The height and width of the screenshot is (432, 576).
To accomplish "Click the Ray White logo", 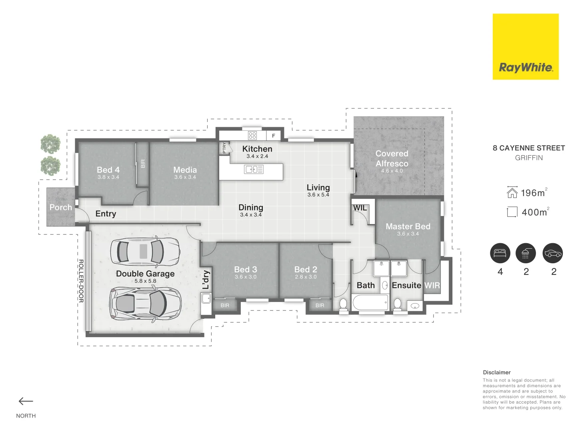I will pos(525,47).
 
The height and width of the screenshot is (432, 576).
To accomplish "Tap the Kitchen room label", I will pos(257,149).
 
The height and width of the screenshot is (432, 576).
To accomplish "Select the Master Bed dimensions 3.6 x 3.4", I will pos(408,234).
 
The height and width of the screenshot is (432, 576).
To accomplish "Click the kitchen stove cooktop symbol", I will pos(252,135).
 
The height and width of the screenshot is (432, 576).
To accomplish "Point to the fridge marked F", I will pos(274,136).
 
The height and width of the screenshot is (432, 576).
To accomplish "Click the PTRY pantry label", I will pos(224,148).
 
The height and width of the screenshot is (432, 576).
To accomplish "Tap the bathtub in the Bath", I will pos(370,303).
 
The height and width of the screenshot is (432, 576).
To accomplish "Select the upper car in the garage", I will pos(145,252).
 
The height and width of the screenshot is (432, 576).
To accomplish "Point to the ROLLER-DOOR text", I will pos(81,281).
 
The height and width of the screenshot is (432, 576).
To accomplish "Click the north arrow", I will pos(26,401).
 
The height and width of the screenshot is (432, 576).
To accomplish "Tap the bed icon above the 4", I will pos(500,253).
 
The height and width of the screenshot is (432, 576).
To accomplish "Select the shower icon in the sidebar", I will pos(526,253).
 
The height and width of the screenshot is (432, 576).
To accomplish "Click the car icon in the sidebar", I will pos(553,253).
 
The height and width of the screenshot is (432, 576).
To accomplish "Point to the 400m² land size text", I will pos(535,212).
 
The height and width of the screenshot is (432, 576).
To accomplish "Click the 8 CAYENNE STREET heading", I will pos(528,148).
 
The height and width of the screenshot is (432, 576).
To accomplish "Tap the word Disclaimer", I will pos(496,372).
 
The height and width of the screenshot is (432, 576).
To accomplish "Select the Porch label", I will pos(61,207).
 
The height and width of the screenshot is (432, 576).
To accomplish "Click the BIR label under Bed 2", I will pos(320,306).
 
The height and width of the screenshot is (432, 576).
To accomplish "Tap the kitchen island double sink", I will pos(254,170).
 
